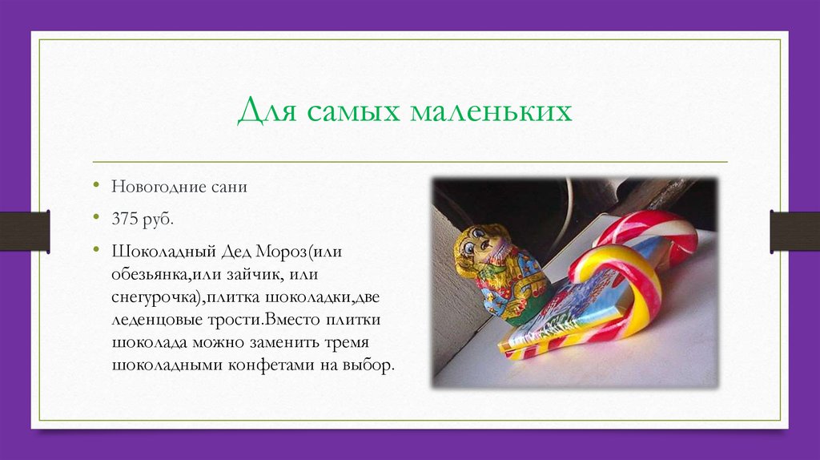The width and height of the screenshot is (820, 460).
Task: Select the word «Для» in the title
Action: coord(262,111)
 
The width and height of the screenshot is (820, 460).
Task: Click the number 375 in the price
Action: coord(126,217)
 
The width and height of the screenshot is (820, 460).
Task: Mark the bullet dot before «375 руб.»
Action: coord(95,218)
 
